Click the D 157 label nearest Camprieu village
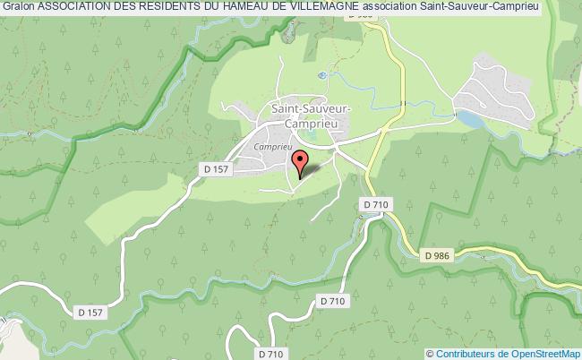[213, 167]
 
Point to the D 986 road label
[436, 255]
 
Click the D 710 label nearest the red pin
[377, 205]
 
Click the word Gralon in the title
[18, 8]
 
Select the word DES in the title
[127, 8]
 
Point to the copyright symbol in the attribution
[431, 353]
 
